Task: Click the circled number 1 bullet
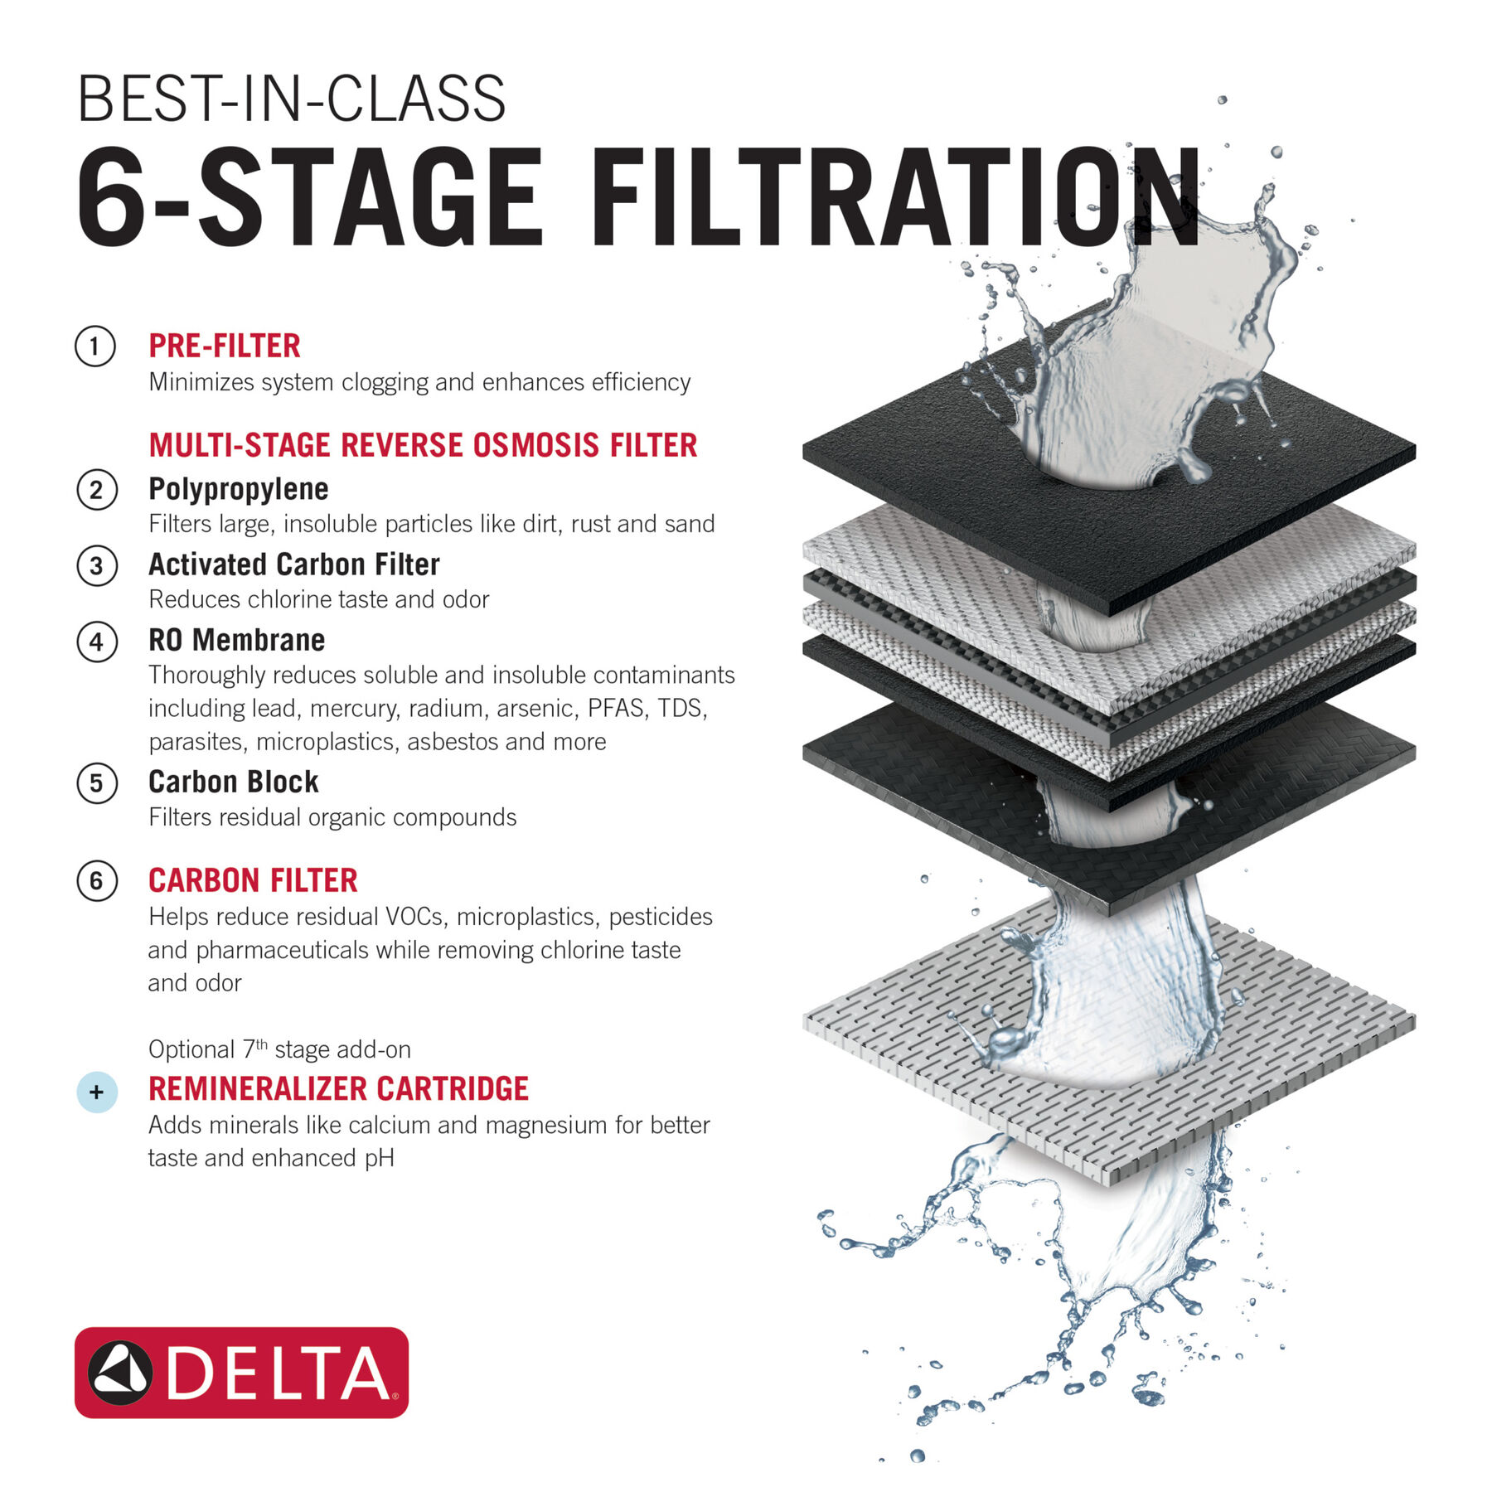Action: (x=95, y=346)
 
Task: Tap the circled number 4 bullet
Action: (x=96, y=642)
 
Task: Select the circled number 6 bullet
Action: (x=96, y=880)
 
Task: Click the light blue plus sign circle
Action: (x=96, y=1092)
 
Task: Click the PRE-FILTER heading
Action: (x=224, y=346)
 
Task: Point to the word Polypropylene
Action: (x=239, y=489)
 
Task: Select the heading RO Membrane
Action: (x=236, y=640)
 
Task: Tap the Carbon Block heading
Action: (x=233, y=782)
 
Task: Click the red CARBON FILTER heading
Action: (x=253, y=880)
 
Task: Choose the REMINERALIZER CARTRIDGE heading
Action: (x=338, y=1088)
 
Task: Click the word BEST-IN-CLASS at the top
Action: (x=290, y=99)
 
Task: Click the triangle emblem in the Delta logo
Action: (x=120, y=1372)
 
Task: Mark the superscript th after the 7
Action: (x=262, y=1044)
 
